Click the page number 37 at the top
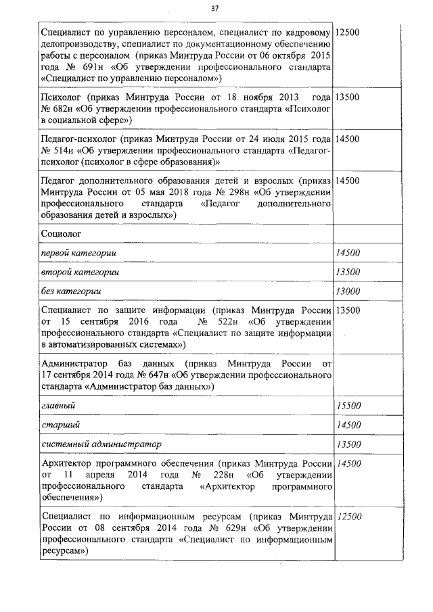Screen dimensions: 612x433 coord(215,8)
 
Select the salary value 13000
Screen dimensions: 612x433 coord(348,291)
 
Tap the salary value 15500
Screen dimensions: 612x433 coord(348,405)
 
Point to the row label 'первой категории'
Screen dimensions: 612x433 coord(80,253)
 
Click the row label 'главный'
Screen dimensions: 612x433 coord(58,405)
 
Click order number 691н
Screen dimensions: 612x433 coord(87,69)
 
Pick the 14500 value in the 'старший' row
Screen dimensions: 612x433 coord(348,425)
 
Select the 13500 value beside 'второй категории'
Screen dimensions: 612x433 coord(348,273)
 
